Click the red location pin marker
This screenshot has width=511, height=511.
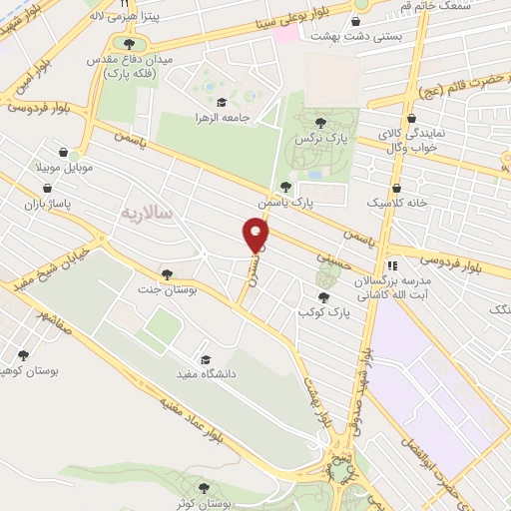pyautogui.click(x=256, y=236)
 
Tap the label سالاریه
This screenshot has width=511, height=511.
pyautogui.click(x=147, y=213)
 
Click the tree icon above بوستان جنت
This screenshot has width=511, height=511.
pyautogui.click(x=166, y=274)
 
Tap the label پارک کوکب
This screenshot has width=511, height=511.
pyautogui.click(x=321, y=312)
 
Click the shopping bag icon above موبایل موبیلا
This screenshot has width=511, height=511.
pyautogui.click(x=65, y=153)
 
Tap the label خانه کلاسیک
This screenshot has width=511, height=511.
pyautogui.click(x=396, y=203)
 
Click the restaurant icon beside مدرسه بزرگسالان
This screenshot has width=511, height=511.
pyautogui.click(x=392, y=266)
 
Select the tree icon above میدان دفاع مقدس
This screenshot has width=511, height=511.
pyautogui.click(x=127, y=43)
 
